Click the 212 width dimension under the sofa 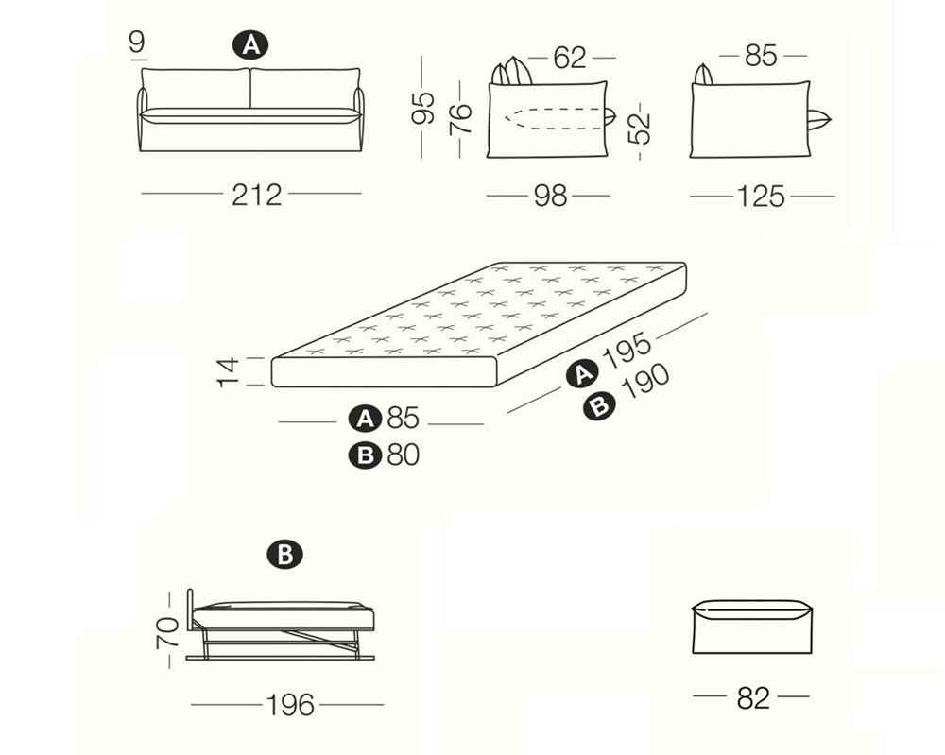pyautogui.click(x=257, y=195)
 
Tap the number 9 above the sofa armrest pyautogui.click(x=137, y=43)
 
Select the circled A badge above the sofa pyautogui.click(x=250, y=45)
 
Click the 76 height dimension pyautogui.click(x=461, y=118)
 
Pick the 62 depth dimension pyautogui.click(x=570, y=58)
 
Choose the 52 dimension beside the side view pyautogui.click(x=640, y=129)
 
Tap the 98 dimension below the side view pyautogui.click(x=550, y=197)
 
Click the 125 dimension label pyautogui.click(x=761, y=197)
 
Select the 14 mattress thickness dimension pyautogui.click(x=228, y=371)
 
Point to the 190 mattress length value pyautogui.click(x=645, y=382)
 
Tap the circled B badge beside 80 pyautogui.click(x=365, y=455)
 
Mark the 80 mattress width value pyautogui.click(x=404, y=455)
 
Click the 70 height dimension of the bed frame pyautogui.click(x=167, y=632)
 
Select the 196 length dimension pyautogui.click(x=290, y=705)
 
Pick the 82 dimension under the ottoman pyautogui.click(x=753, y=698)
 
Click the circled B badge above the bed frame pyautogui.click(x=284, y=555)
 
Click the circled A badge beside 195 pyautogui.click(x=583, y=374)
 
